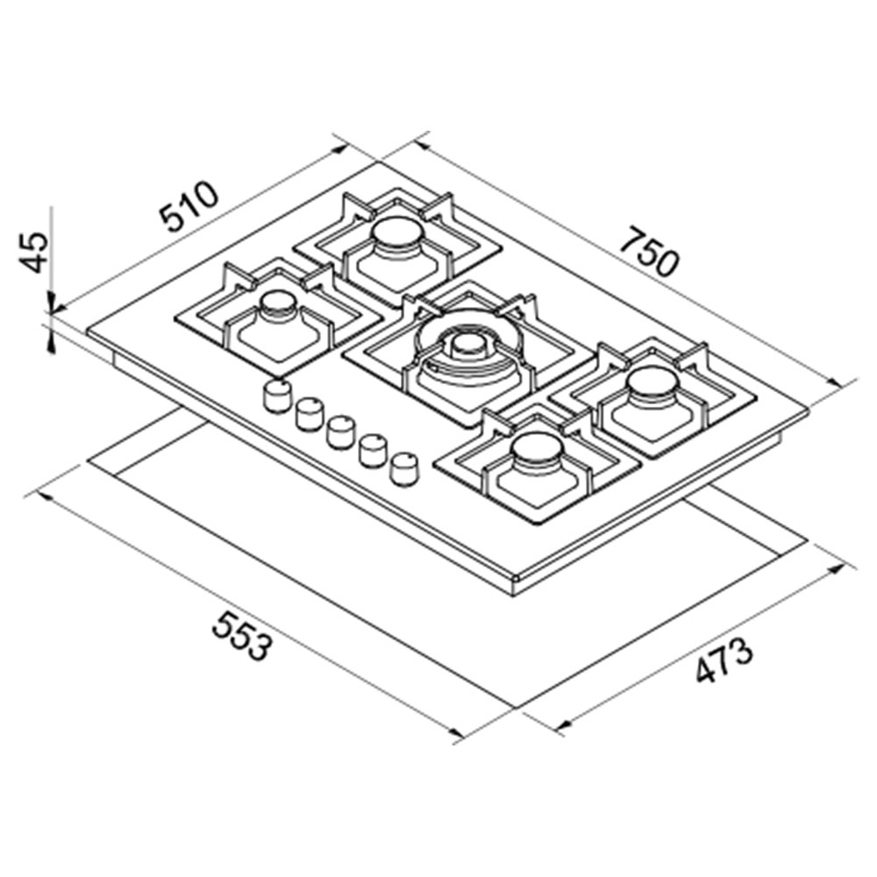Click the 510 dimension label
click(188, 206)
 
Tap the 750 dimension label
click(651, 252)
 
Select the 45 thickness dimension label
click(33, 253)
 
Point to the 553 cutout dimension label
click(243, 635)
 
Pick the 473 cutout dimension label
click(724, 660)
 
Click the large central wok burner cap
click(468, 346)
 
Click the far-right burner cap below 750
click(652, 384)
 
